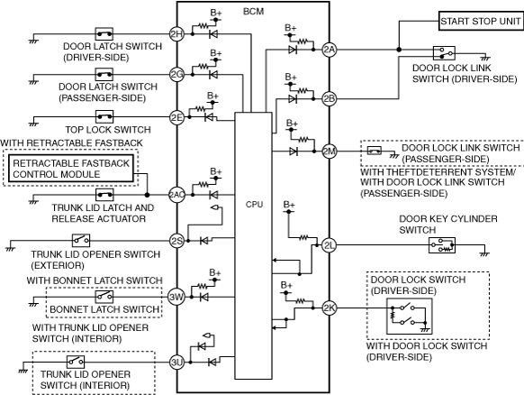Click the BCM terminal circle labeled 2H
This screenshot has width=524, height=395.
point(176,33)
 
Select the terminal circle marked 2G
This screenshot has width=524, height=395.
point(176,74)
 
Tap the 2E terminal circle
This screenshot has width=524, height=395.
point(176,117)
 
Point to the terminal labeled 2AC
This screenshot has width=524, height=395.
point(176,195)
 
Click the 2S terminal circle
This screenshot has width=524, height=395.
point(176,241)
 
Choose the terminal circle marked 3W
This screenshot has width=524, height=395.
point(176,297)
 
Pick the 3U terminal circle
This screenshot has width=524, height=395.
point(176,362)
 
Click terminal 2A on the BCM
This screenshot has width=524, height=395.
point(330,50)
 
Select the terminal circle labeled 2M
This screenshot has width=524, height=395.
point(330,152)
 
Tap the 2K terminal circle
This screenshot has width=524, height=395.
point(330,308)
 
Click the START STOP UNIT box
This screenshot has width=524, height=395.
point(481,21)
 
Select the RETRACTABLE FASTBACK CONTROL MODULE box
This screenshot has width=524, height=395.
point(71,169)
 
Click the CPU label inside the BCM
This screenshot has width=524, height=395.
point(254,204)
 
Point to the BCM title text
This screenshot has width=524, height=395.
point(253,12)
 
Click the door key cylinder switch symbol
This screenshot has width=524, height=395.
point(442,245)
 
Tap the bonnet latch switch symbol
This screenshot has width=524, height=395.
point(104,297)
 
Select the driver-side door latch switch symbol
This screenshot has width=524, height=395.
point(104,33)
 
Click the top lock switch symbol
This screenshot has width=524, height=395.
point(104,117)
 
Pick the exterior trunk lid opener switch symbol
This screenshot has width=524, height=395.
point(81,241)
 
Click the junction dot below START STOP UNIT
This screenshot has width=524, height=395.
point(399,50)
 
